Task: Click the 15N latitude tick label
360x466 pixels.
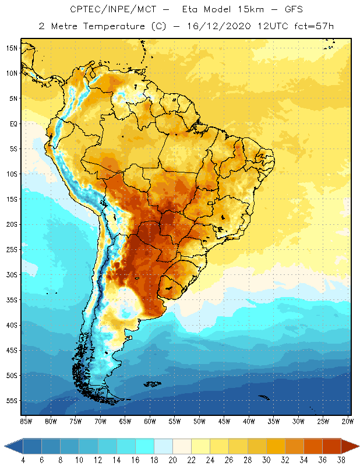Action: point(12,48)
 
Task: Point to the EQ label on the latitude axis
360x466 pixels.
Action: point(13,123)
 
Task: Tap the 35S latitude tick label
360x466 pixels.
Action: point(12,300)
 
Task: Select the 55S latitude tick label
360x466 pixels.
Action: point(12,401)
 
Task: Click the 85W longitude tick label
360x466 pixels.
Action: point(26,421)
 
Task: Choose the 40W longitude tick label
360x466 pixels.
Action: point(249,421)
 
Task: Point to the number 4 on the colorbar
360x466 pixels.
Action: point(23,460)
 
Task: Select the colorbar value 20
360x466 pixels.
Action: point(173,460)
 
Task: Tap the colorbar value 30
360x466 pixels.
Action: point(267,460)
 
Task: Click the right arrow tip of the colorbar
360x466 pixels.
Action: point(358,446)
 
